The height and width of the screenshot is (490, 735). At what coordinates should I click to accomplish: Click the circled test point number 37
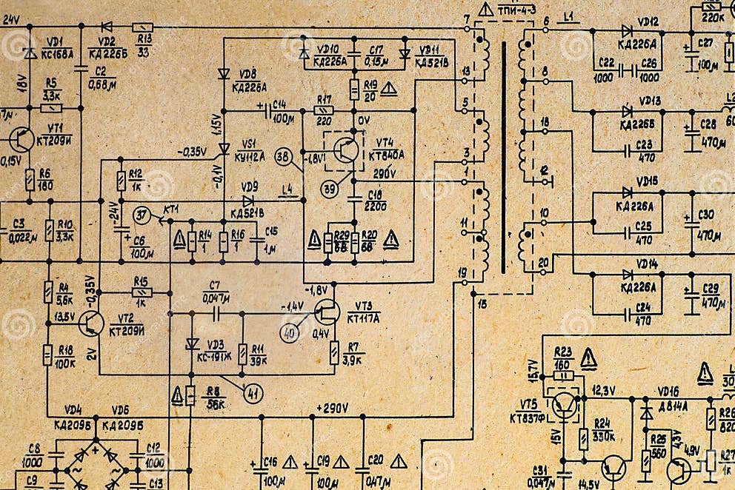142,215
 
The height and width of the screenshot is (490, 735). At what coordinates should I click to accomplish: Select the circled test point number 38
283,156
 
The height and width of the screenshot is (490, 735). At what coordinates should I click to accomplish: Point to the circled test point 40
290,335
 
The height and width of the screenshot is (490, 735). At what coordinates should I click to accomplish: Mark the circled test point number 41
253,393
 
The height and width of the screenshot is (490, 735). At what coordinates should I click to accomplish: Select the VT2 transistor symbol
92,323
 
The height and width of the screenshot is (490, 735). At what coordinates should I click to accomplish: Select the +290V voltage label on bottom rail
332,408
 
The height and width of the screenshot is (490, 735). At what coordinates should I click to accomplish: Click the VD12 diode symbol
627,30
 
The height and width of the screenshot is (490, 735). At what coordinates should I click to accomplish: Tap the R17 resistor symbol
324,110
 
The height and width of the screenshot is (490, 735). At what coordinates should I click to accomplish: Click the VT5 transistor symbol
565,406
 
